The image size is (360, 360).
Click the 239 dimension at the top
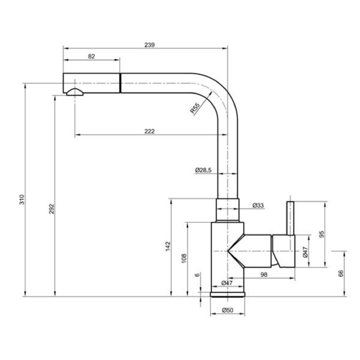[149, 45]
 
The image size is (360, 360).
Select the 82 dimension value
[91, 56]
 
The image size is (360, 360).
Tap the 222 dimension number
[150, 131]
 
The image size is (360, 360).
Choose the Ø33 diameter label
[258, 206]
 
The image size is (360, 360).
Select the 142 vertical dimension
[167, 246]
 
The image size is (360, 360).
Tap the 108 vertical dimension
[184, 258]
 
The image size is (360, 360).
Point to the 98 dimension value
[264, 275]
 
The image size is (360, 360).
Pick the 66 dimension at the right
[341, 273]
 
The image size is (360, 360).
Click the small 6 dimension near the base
[197, 275]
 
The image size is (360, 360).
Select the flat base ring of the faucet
[228, 294]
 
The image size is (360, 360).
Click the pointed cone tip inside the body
[229, 251]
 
